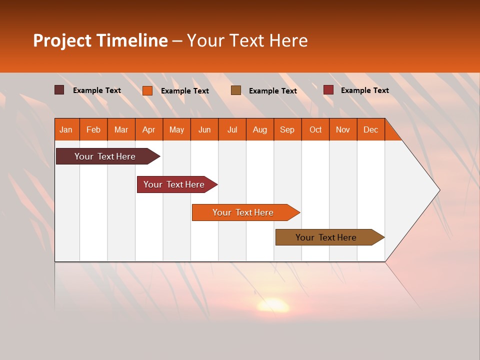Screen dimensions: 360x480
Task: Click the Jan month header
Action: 66,129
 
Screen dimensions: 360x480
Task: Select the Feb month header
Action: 93,129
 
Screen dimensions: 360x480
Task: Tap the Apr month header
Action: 148,129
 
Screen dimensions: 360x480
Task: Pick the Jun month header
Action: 204,129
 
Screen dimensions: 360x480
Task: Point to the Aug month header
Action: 259,129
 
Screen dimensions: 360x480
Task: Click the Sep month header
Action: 287,129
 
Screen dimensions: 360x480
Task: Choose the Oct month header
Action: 315,129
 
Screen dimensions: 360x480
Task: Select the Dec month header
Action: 370,129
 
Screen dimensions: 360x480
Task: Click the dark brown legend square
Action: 59,90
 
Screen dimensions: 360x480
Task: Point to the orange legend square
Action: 147,90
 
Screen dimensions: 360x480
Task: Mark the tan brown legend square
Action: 236,90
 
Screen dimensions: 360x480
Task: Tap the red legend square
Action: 328,90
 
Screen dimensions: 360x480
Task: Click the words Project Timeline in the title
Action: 100,40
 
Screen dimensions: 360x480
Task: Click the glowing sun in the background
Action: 272,305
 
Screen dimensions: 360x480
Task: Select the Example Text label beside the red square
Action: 364,90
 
